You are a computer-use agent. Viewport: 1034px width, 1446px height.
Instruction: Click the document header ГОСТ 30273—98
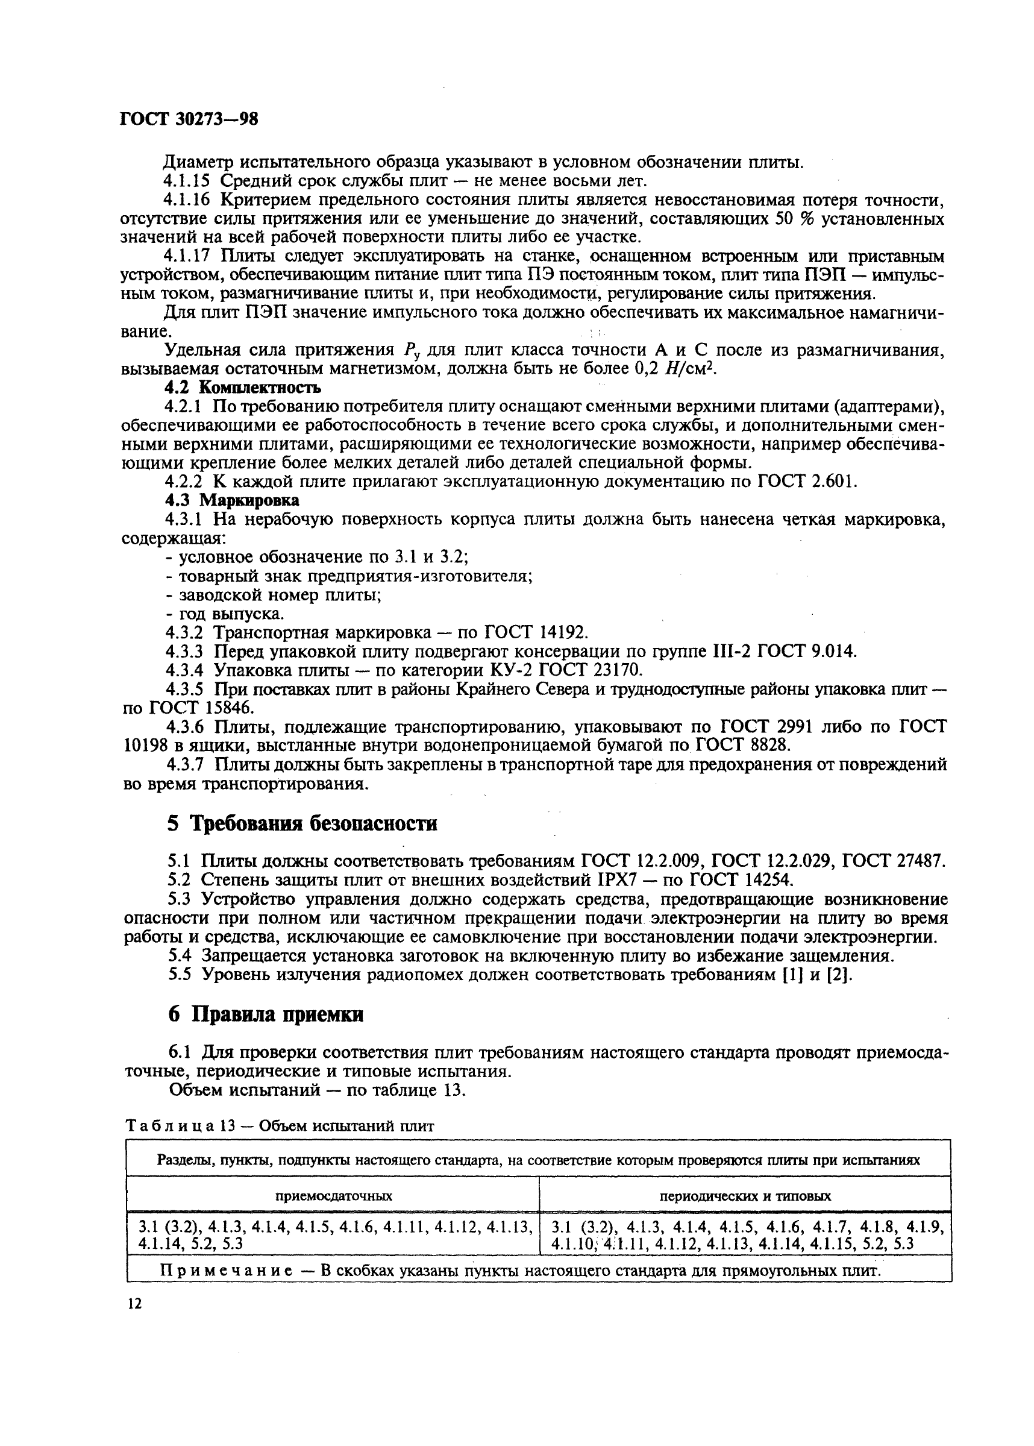(x=189, y=120)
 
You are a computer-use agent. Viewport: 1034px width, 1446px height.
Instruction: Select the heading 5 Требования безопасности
(x=302, y=824)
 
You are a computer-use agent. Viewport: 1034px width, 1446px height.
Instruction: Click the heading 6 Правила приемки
(x=266, y=1014)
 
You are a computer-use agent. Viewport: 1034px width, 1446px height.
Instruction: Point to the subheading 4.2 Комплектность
(x=243, y=387)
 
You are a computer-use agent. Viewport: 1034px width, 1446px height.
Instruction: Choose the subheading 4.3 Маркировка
(x=232, y=500)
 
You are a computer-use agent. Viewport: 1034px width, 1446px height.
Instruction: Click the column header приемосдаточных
(x=333, y=1196)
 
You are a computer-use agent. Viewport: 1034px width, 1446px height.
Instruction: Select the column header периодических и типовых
(x=745, y=1196)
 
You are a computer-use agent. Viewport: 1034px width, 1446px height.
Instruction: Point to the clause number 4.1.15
(x=187, y=181)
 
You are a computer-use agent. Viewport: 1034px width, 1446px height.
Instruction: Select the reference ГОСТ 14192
(x=535, y=632)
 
